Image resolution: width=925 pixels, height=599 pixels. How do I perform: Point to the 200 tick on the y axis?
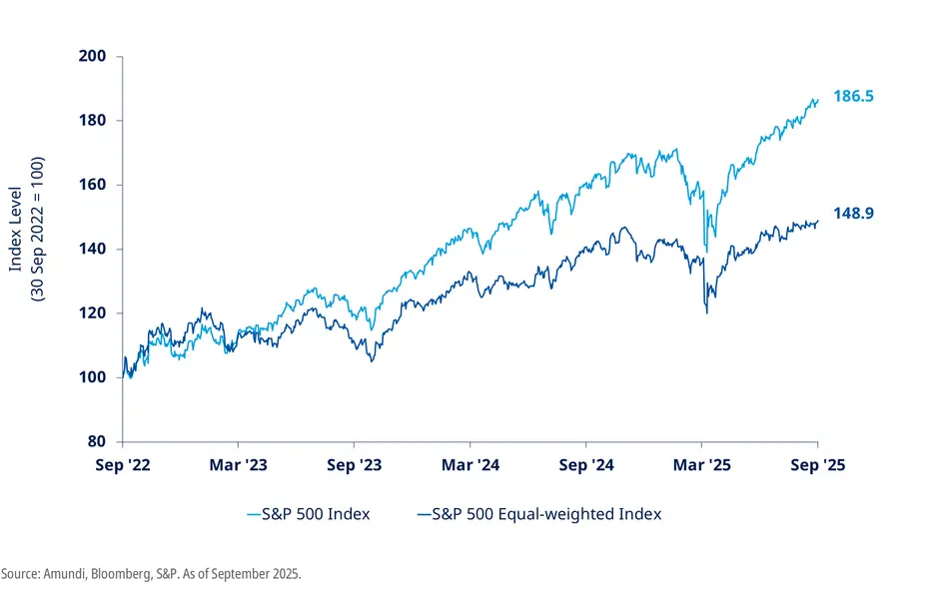93,56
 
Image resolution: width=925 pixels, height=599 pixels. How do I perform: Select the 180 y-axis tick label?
93,121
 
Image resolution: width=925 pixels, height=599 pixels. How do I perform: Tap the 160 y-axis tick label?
93,185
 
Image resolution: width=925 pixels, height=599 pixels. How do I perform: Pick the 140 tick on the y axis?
93,249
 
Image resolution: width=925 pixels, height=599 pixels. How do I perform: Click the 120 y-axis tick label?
93,313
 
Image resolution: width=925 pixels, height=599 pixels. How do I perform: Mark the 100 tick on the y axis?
93,377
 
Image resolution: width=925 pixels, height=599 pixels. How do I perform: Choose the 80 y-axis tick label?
97,441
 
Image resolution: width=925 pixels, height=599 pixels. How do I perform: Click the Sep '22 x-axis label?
122,464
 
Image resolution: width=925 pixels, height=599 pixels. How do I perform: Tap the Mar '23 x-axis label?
238,464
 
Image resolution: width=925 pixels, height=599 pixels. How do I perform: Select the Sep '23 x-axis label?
354,464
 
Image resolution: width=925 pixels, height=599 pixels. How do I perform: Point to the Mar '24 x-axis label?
469,464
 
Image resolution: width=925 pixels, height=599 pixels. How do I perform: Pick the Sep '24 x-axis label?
585,464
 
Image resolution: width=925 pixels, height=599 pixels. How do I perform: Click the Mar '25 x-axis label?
701,464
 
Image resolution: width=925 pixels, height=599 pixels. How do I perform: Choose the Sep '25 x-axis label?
817,464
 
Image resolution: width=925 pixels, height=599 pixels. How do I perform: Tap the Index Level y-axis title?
16,214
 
